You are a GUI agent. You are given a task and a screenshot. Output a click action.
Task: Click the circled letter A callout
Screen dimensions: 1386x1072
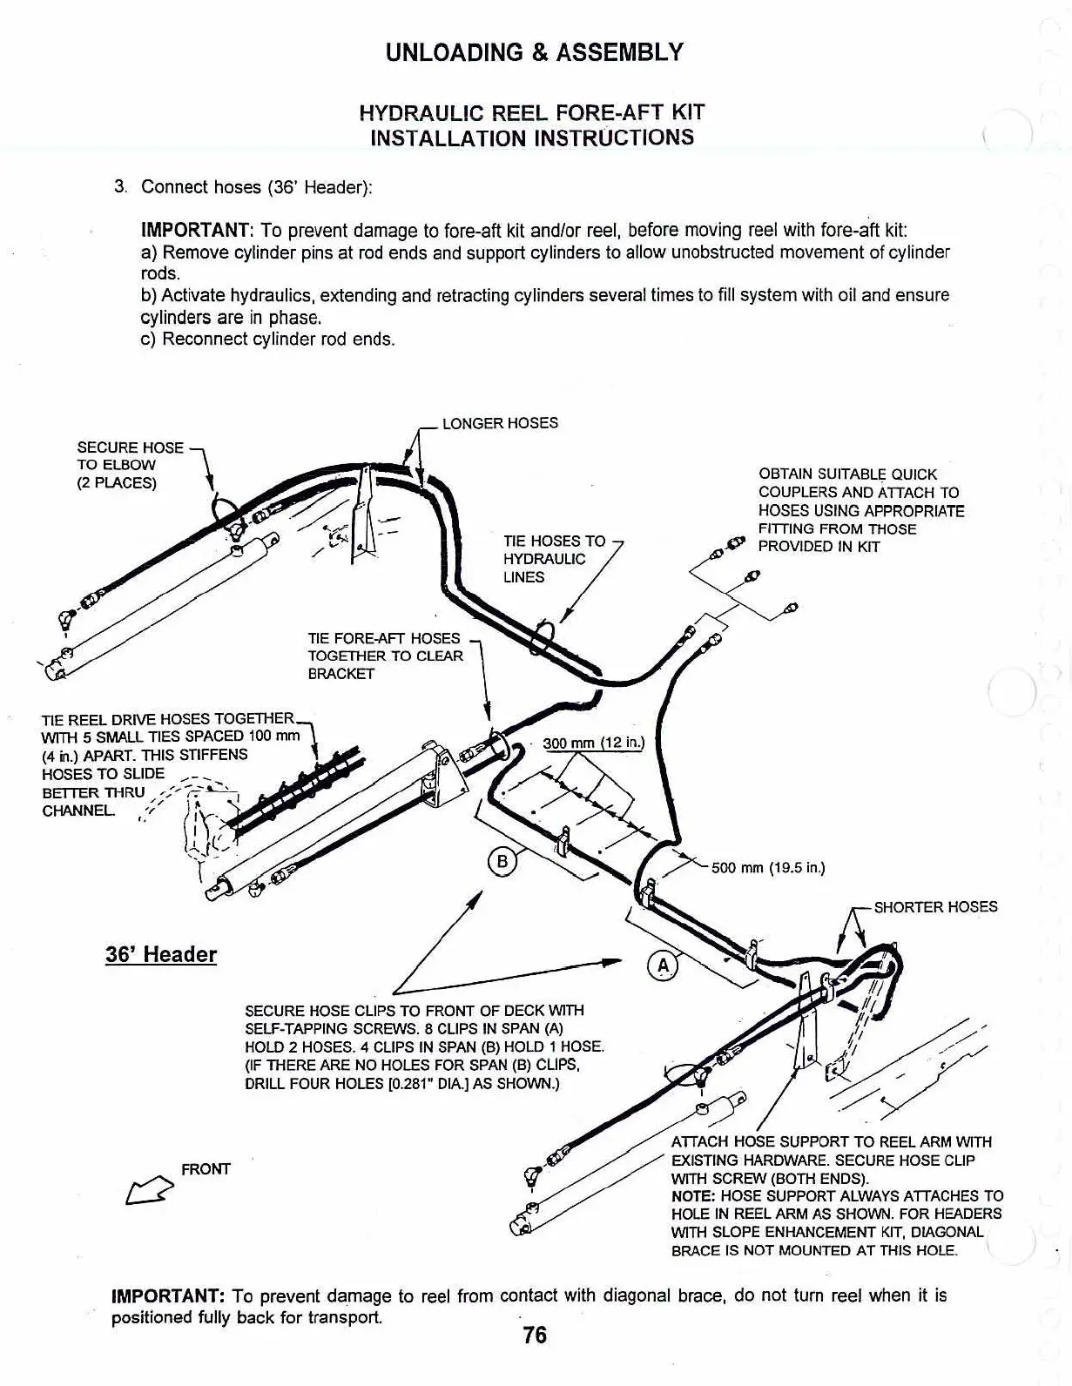pyautogui.click(x=663, y=965)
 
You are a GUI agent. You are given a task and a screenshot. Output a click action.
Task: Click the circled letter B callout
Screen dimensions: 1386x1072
pyautogui.click(x=502, y=862)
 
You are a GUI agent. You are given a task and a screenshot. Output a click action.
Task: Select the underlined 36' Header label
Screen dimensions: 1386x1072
pyautogui.click(x=161, y=954)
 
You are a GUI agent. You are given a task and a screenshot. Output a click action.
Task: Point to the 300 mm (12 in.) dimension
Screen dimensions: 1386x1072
pyautogui.click(x=592, y=743)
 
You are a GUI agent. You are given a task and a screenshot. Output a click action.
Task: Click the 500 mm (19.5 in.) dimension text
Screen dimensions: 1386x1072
pyautogui.click(x=767, y=867)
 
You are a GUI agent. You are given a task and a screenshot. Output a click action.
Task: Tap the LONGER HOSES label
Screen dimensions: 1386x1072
pyautogui.click(x=500, y=423)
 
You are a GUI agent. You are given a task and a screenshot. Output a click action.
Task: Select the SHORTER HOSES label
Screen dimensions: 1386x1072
pyautogui.click(x=935, y=906)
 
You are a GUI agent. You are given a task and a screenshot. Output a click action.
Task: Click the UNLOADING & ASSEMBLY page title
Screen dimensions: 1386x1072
pyautogui.click(x=535, y=52)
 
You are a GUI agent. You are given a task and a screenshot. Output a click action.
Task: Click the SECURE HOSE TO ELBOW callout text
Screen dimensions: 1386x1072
pyautogui.click(x=130, y=465)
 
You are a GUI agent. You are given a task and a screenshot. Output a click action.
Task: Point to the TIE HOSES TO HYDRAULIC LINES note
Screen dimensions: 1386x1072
pyautogui.click(x=554, y=559)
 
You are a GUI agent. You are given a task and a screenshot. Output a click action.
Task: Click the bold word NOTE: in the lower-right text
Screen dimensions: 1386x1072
pyautogui.click(x=694, y=1196)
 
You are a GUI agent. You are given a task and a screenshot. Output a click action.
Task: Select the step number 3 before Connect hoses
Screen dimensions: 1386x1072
pyautogui.click(x=121, y=186)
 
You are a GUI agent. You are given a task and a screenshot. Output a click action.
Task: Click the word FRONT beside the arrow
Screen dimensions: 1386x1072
pyautogui.click(x=206, y=1168)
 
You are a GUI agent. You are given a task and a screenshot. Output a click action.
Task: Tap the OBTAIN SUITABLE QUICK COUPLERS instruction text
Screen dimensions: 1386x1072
pyautogui.click(x=860, y=510)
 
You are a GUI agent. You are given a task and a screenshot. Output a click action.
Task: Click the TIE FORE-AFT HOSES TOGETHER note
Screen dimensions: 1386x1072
pyautogui.click(x=385, y=656)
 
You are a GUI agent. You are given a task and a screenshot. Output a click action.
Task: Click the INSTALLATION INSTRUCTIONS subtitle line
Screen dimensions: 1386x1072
pyautogui.click(x=532, y=138)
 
